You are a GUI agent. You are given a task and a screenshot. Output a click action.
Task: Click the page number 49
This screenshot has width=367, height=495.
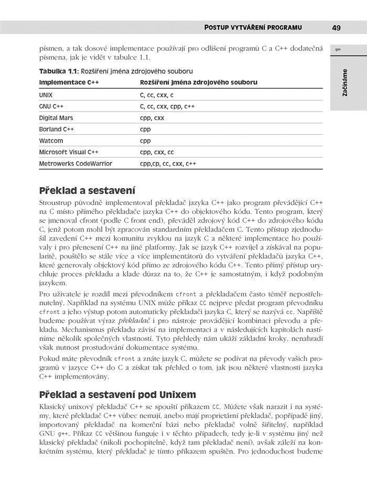click(337, 27)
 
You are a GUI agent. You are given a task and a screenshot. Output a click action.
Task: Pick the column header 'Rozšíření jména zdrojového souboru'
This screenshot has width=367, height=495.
click(198, 83)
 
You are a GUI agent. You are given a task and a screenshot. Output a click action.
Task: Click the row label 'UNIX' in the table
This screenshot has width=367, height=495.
click(46, 95)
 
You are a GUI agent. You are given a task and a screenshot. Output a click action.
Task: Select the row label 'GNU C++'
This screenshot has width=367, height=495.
click(51, 106)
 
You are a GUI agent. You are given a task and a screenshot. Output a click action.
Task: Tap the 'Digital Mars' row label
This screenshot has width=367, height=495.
click(56, 118)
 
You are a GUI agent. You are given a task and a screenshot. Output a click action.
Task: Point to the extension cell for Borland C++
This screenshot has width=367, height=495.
click(145, 129)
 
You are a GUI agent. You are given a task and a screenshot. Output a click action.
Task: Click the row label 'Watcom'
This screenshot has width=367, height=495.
click(51, 141)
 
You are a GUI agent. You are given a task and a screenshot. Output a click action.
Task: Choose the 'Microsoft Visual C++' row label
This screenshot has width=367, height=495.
click(69, 152)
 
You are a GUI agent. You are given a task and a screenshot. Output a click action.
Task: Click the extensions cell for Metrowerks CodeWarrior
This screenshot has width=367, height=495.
click(168, 164)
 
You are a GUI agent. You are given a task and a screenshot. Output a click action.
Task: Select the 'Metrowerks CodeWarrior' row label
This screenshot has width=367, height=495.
click(75, 164)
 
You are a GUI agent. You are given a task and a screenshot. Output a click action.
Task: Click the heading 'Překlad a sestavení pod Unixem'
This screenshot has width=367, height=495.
click(117, 394)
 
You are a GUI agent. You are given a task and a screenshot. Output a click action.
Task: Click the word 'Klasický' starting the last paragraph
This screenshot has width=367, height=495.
click(53, 406)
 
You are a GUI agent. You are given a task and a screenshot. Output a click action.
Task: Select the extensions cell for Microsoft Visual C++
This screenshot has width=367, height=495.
click(157, 152)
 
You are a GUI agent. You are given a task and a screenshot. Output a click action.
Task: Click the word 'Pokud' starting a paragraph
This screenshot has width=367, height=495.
click(49, 359)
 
